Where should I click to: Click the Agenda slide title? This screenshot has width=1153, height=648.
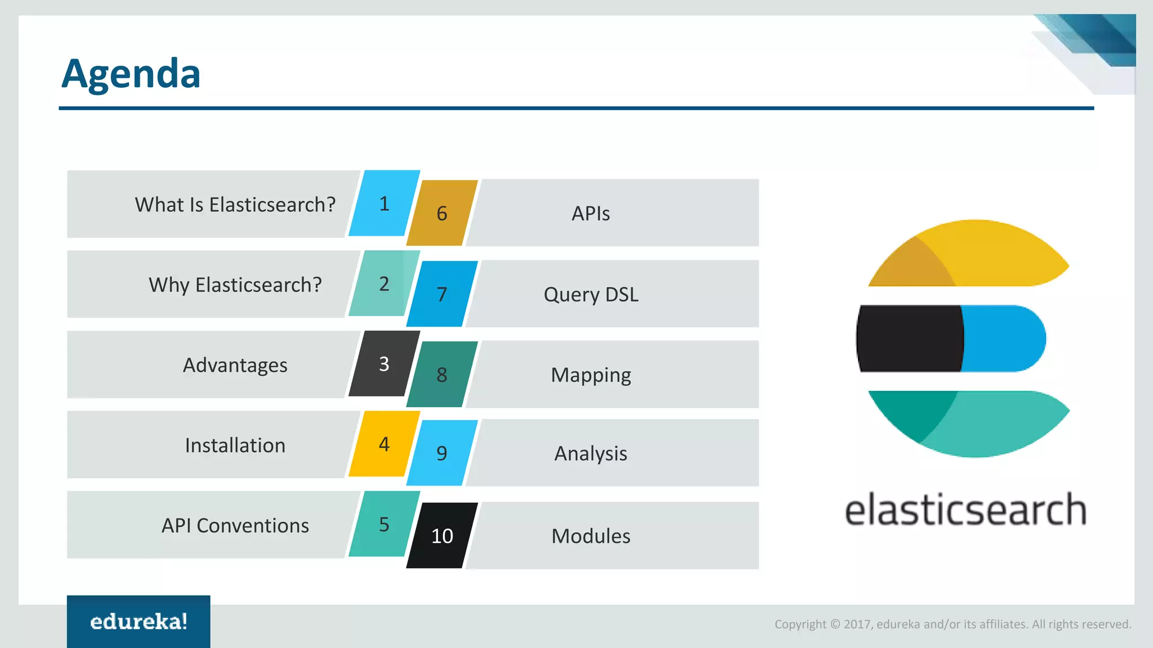click(x=131, y=74)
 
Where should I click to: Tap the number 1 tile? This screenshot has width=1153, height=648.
click(x=384, y=203)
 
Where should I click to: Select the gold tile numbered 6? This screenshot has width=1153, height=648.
click(x=442, y=213)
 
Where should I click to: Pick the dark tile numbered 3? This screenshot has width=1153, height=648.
click(x=384, y=364)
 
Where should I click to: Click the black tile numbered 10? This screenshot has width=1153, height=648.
click(x=442, y=535)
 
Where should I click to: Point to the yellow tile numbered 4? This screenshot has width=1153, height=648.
click(x=384, y=444)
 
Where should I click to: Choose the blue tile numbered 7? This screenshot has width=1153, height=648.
click(x=442, y=294)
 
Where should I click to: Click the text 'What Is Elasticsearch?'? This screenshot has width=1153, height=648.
click(x=235, y=205)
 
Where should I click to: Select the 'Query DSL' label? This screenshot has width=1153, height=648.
click(x=591, y=294)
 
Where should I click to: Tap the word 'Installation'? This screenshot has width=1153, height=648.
click(x=235, y=445)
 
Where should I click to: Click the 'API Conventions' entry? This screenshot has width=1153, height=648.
click(x=235, y=525)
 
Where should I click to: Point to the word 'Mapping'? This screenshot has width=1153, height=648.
click(x=591, y=375)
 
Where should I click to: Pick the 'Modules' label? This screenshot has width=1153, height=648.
click(x=591, y=536)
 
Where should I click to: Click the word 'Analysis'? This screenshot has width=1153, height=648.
click(x=591, y=453)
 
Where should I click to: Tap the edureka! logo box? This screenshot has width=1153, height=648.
click(x=138, y=621)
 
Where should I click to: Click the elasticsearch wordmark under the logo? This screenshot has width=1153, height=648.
click(x=965, y=510)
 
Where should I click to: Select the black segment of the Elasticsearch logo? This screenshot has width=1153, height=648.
click(x=909, y=339)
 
